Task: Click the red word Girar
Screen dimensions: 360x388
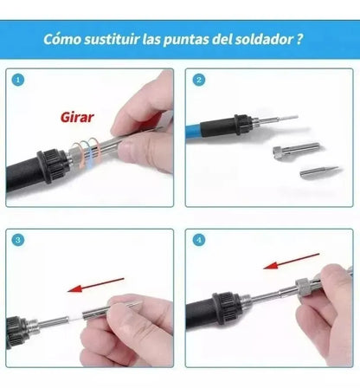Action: coord(77,117)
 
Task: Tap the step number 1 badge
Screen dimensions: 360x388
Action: coord(18,80)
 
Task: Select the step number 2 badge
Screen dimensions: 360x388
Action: coord(199,80)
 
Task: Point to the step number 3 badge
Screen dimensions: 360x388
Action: coord(18,240)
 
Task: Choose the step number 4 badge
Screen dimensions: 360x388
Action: coord(199,240)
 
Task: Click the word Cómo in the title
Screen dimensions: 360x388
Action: coord(62,39)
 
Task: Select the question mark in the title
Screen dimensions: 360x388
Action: coord(299,39)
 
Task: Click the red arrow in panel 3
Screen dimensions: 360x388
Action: coord(95,285)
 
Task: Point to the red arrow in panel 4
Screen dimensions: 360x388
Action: coord(292,261)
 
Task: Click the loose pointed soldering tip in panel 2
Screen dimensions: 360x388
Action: coord(321,171)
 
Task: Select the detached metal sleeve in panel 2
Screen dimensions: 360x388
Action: coord(297,150)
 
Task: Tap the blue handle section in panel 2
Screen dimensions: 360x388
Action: coord(193,130)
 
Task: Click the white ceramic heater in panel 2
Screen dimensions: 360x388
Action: coord(289,118)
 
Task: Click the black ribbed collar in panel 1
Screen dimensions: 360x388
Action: coord(53,165)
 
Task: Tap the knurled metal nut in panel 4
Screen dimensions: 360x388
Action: coord(305,287)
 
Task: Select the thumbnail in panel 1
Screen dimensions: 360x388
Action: coord(128,150)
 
